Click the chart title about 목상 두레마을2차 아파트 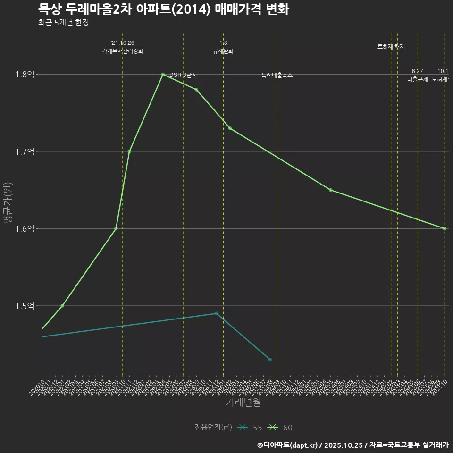(x=163, y=9)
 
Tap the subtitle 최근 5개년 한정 (x=64, y=22)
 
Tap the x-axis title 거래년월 (x=243, y=403)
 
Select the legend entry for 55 (x=250, y=428)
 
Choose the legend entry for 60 (x=280, y=428)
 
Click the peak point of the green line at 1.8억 (x=163, y=74)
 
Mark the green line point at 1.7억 (x=129, y=151)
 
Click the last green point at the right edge (x=445, y=228)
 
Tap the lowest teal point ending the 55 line (x=270, y=360)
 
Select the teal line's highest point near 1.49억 (x=217, y=313)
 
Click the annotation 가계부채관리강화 (x=122, y=51)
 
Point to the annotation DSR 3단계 (x=183, y=75)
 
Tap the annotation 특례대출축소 (x=277, y=75)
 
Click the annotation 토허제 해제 (x=391, y=47)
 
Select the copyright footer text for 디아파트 (x=352, y=445)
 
